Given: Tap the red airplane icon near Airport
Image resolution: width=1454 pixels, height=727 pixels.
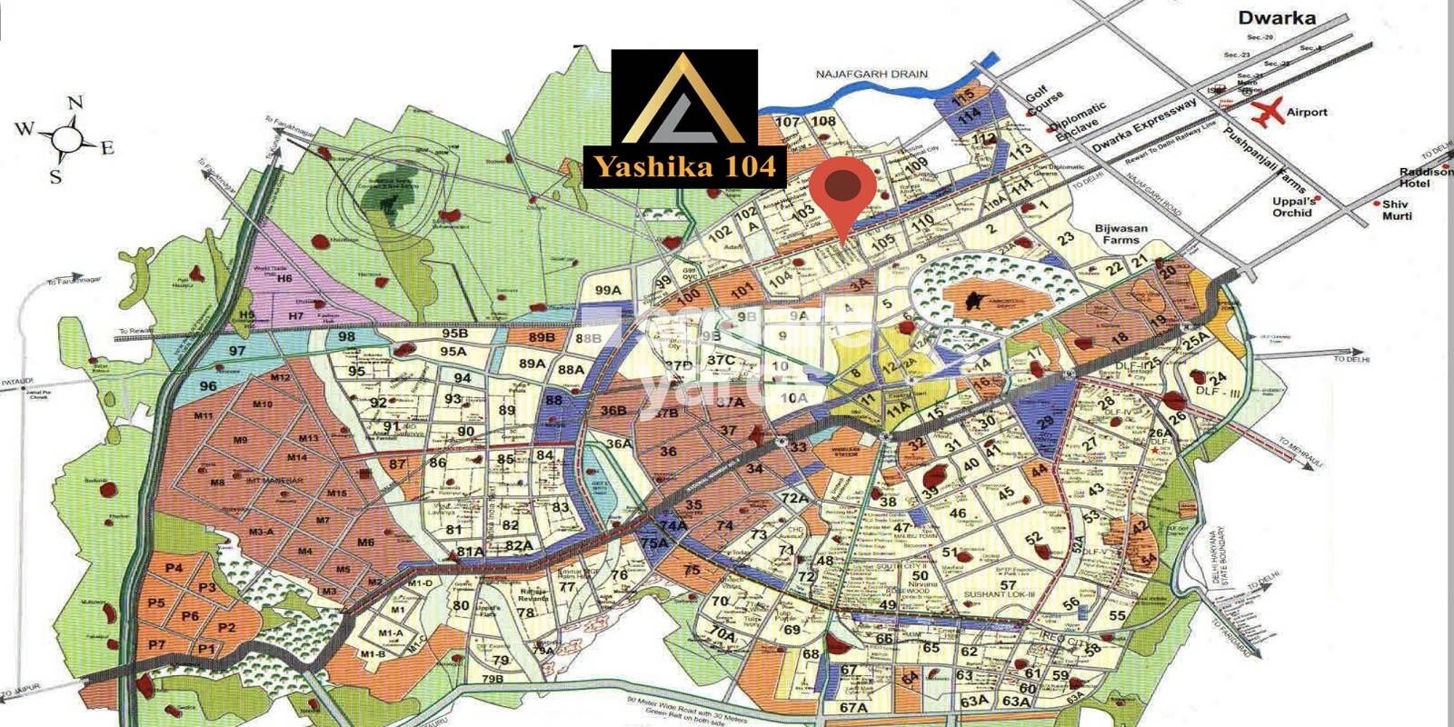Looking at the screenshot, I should [x=1268, y=112].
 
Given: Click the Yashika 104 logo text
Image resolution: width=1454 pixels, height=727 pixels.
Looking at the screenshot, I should [x=684, y=166].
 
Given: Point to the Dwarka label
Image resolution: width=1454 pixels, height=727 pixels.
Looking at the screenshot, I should [x=1277, y=17].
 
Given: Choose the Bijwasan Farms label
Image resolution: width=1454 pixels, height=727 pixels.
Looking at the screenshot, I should [x=1120, y=234].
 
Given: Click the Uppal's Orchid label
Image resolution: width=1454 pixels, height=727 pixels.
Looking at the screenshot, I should [x=1292, y=206].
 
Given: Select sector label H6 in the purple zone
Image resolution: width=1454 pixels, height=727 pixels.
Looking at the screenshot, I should [x=285, y=279].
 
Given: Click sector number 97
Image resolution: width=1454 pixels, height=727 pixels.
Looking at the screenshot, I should [x=237, y=351].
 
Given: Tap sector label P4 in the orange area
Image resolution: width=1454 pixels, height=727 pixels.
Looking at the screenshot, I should [x=175, y=568].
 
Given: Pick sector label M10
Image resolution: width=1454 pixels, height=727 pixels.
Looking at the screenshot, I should [x=263, y=404].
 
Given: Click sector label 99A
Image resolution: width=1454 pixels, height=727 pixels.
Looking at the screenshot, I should [x=608, y=290].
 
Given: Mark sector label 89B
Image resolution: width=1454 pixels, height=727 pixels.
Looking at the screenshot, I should [x=542, y=338].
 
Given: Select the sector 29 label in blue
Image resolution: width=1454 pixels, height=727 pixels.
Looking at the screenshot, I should [x=1045, y=422].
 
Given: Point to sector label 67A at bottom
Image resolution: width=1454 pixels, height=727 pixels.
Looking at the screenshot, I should [x=853, y=707].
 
